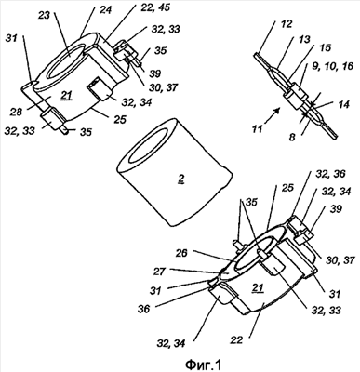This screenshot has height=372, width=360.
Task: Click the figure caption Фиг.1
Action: (204, 365)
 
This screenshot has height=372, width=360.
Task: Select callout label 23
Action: (44, 15)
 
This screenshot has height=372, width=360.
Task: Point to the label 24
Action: (105, 9)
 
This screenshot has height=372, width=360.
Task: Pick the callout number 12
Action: (286, 24)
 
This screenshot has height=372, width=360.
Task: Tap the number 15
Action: (325, 47)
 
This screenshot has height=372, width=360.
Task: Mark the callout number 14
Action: (343, 104)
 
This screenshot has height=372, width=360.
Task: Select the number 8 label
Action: (292, 137)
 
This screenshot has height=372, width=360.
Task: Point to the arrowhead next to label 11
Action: (279, 109)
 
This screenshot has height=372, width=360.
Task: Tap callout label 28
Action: (16, 112)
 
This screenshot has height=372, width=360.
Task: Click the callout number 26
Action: (181, 253)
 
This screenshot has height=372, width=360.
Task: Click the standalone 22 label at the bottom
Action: (236, 340)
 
